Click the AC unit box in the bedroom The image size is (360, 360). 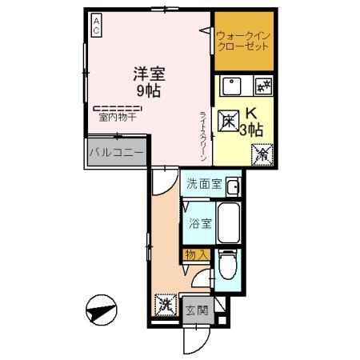[95, 26]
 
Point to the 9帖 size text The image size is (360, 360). [150, 91]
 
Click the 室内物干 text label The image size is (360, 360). [118, 118]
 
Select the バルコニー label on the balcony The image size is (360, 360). [116, 152]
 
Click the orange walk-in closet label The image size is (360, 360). [242, 40]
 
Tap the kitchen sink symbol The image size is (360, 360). [232, 84]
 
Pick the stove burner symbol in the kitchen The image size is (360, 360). [262, 84]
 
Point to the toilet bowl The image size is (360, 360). [227, 265]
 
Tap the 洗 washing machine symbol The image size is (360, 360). [165, 304]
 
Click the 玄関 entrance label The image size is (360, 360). [197, 310]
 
